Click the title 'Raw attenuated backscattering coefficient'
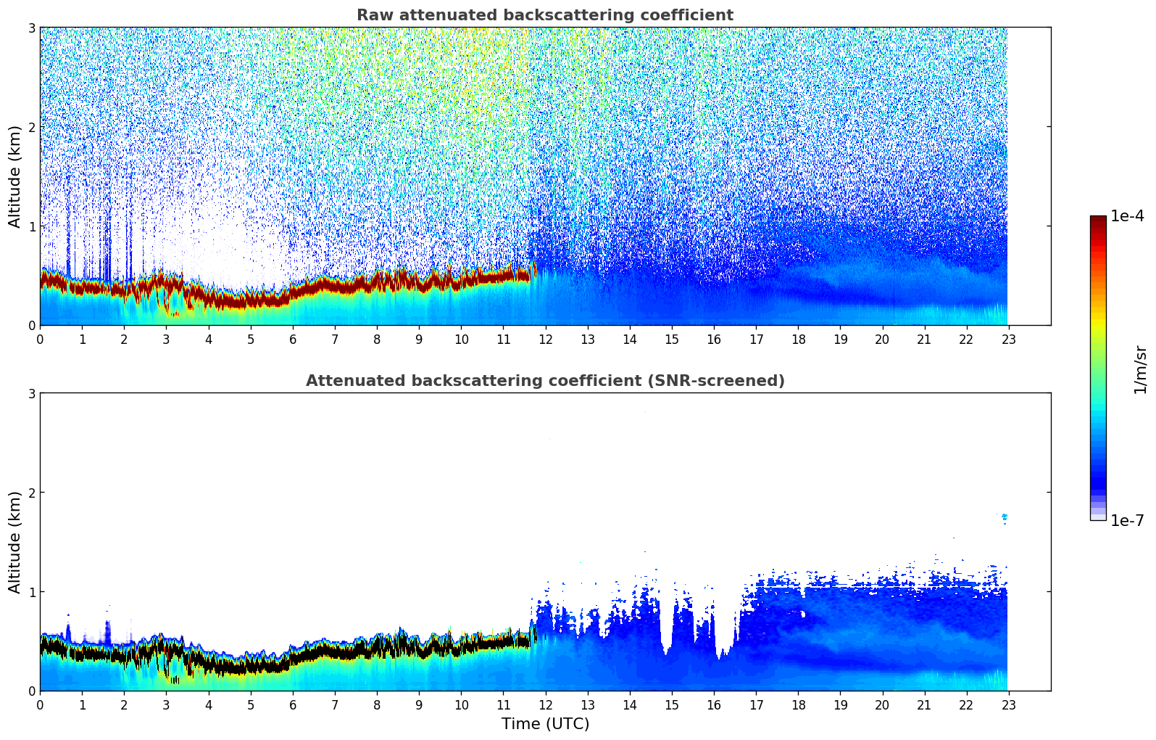point(544,15)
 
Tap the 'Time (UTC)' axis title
point(545,724)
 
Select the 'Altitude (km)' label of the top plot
point(14,176)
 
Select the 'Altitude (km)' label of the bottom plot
point(14,542)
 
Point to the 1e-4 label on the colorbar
point(1127,216)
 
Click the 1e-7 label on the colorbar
point(1127,520)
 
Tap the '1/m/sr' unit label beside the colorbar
point(1140,369)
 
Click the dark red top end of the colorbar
point(1097,219)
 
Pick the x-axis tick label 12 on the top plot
point(545,340)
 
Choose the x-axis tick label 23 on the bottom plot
point(1008,705)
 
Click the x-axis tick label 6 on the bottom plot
point(293,705)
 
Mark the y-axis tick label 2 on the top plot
point(31,127)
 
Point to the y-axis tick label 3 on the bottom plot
point(31,393)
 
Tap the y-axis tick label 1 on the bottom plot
point(31,592)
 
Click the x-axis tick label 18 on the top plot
point(798,340)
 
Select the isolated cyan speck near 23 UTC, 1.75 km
point(1004,517)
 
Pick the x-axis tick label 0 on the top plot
point(40,340)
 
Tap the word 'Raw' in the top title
point(372,15)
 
